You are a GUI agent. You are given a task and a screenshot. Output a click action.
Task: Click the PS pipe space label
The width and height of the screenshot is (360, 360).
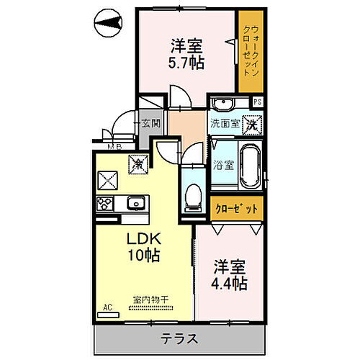click(x=257, y=102)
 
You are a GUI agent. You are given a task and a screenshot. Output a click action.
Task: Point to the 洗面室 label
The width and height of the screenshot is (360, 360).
click(x=224, y=124)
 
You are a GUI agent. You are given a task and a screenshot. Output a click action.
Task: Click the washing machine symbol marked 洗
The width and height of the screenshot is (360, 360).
click(x=252, y=123)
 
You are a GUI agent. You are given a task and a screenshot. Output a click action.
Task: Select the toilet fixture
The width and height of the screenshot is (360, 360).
click(x=192, y=197)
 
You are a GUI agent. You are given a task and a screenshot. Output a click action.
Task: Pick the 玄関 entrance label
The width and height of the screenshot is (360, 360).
click(x=150, y=123)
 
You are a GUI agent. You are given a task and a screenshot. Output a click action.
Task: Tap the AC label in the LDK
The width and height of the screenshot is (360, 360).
click(x=108, y=307)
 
